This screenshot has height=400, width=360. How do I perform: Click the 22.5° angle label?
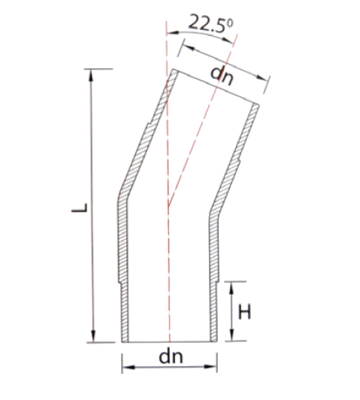210,23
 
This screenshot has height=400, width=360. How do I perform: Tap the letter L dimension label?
80,208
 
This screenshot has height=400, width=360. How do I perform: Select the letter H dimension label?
244,311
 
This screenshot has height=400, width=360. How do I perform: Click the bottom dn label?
171,356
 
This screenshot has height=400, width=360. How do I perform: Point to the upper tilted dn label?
222,76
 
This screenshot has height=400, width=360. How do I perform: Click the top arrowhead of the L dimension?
91,75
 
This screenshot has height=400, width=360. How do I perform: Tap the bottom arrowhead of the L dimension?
93,336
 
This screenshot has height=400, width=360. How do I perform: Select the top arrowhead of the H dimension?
231,288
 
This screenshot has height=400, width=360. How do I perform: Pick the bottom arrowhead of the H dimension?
231,335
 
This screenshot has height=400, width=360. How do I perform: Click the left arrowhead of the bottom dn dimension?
129,367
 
